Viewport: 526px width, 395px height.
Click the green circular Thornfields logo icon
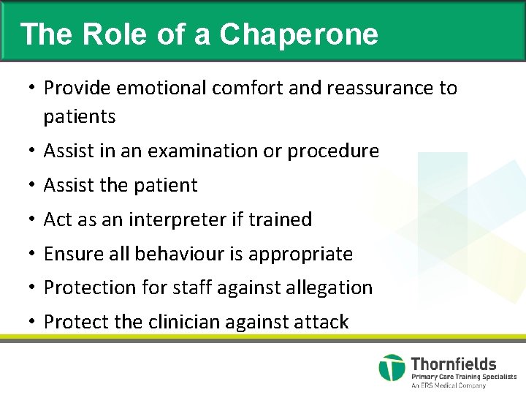392,368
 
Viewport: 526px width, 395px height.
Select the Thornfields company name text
454,364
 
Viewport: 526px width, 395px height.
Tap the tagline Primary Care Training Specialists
463,377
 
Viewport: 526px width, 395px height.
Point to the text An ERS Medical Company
449,385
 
